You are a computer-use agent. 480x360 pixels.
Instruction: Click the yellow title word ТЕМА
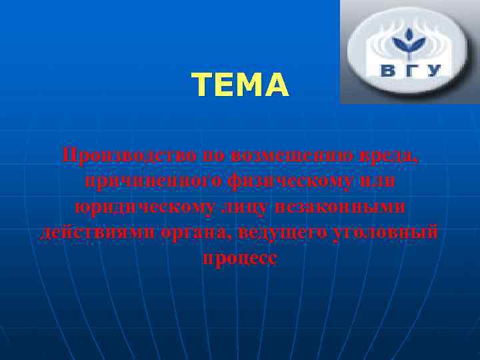coord(240,85)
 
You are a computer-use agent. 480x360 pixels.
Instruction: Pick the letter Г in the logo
coord(411,70)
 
